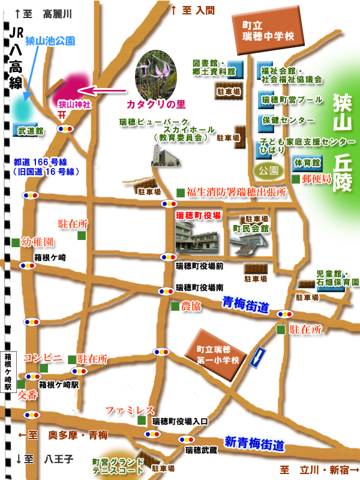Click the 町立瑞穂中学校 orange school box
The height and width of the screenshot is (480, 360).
point(268,31)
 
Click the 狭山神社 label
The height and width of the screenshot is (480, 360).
point(74,104)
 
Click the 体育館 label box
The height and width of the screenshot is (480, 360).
point(307,162)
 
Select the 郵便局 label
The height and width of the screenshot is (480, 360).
point(317,179)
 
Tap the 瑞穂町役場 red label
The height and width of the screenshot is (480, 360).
point(198,214)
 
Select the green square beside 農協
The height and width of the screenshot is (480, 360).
point(174,307)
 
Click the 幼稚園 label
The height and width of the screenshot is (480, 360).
point(38,242)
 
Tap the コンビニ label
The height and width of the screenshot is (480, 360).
point(43,358)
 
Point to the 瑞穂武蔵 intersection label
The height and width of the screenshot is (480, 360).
point(200,450)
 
